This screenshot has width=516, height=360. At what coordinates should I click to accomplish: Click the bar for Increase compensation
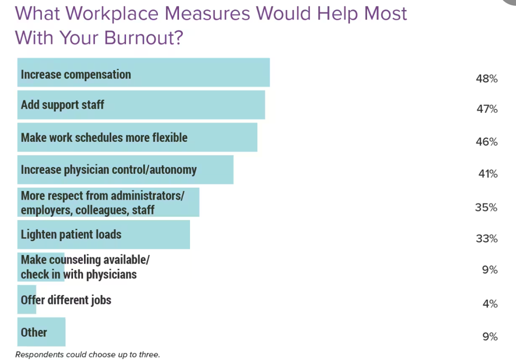coord(143,72)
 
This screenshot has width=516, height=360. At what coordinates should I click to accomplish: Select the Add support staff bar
coord(141,104)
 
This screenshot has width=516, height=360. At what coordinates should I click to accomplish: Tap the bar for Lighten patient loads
coord(103,234)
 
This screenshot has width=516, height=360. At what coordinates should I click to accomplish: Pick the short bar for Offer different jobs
coord(27,299)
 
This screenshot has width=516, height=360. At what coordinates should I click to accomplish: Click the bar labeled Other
coord(41,331)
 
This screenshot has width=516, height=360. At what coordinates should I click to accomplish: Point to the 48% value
coord(486,78)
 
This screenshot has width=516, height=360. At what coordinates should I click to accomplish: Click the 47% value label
coord(486,109)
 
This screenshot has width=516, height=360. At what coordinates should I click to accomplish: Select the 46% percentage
coord(486,142)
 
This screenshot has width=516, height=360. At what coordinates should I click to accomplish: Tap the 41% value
coord(487,174)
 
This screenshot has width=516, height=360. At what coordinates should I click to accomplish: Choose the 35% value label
coord(486,207)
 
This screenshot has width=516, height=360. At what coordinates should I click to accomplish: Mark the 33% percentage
coord(486,239)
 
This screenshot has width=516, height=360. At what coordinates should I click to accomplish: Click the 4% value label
coord(490,304)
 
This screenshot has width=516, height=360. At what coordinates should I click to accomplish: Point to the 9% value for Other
coord(490,337)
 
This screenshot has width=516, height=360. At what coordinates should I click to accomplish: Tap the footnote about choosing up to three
coord(87,354)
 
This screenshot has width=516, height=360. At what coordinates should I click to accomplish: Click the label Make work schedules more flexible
coord(104,137)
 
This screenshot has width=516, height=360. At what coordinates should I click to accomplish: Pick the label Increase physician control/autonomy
coord(108,169)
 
